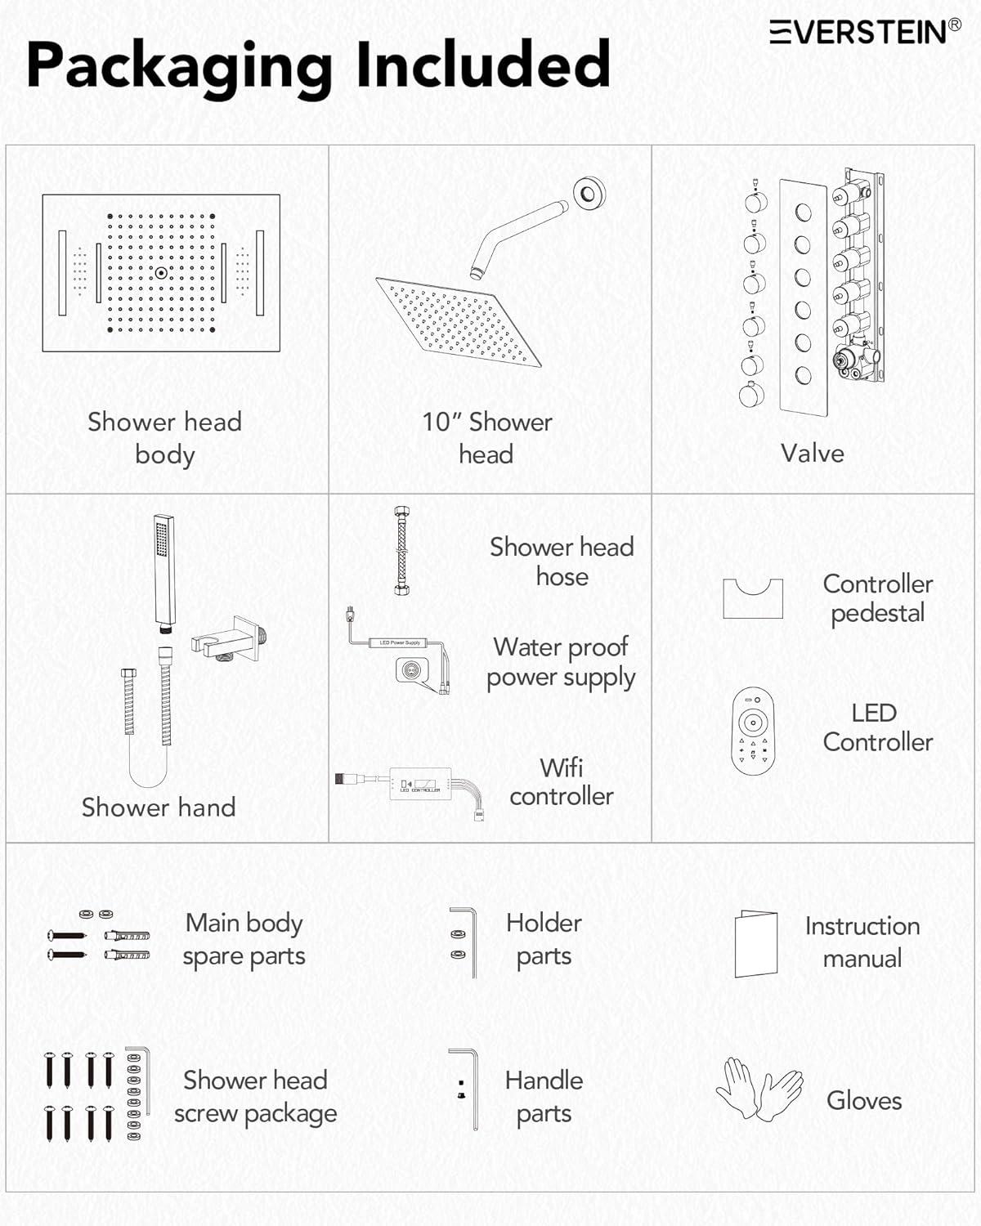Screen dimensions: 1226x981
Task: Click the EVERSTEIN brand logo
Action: [865, 32]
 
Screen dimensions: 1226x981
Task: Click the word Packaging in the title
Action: [180, 65]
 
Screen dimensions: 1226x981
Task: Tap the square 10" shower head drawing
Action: [458, 321]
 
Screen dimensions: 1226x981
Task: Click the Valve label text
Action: [812, 453]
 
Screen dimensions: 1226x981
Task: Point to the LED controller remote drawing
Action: [752, 730]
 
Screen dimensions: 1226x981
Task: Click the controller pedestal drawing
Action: [753, 598]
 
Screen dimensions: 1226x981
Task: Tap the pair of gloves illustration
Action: [759, 1090]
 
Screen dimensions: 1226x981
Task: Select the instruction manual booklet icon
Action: [755, 943]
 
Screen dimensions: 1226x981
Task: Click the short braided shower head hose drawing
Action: [401, 550]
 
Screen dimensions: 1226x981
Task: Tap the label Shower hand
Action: [159, 807]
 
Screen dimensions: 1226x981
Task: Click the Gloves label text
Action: [864, 1100]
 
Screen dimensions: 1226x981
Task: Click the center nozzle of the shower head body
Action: [161, 273]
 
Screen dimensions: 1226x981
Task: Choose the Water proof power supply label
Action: [561, 662]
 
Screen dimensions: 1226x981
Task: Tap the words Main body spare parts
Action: [244, 939]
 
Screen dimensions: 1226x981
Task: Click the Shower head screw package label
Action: [255, 1096]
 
